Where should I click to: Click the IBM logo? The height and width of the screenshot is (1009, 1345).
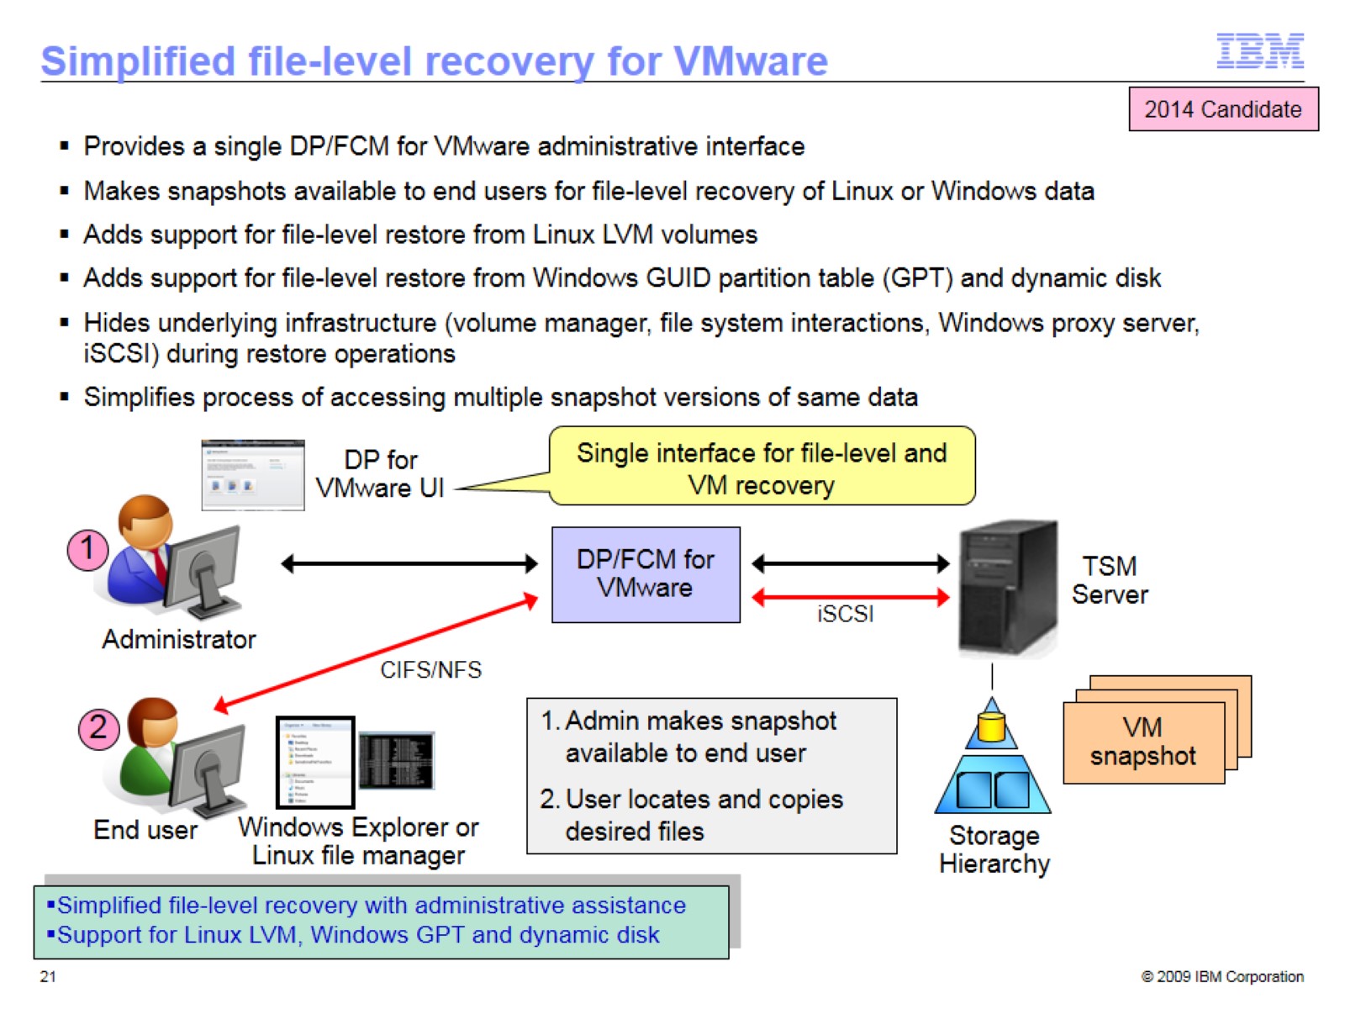click(x=1259, y=51)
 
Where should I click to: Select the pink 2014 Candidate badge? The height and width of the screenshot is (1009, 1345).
click(x=1222, y=109)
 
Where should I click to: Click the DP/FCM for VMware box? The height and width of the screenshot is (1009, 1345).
click(x=646, y=574)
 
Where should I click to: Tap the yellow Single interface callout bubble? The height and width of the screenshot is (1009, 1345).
click(x=762, y=468)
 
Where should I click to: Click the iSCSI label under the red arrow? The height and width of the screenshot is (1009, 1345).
click(x=845, y=615)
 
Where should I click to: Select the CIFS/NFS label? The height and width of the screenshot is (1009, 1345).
click(x=430, y=670)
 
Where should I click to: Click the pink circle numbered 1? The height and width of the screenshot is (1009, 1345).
click(x=87, y=551)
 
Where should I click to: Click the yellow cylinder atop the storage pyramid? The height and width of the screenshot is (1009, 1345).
click(x=992, y=726)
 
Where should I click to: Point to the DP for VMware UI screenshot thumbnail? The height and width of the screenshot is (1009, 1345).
click(x=253, y=475)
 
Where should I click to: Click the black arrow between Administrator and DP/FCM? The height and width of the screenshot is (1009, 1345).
click(x=409, y=563)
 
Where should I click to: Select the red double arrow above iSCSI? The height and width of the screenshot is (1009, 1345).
click(x=850, y=598)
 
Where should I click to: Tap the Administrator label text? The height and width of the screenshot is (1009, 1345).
click(x=179, y=640)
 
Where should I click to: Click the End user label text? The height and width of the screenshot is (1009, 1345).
click(x=145, y=830)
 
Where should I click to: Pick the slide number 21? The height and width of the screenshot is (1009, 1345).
click(x=48, y=976)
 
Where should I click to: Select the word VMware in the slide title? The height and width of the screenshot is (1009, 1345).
click(x=751, y=61)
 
